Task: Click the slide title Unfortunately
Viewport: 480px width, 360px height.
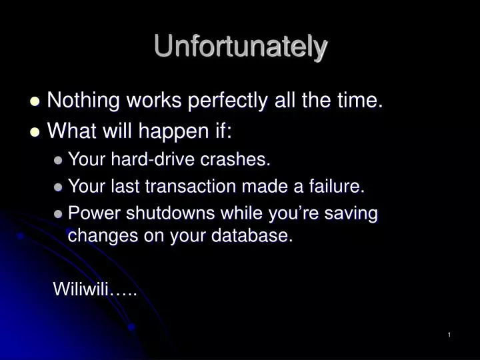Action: (x=241, y=47)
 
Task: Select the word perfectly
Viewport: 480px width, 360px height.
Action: (x=227, y=101)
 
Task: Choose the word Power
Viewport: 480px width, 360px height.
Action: (x=91, y=214)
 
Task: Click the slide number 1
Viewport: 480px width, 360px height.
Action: (x=450, y=335)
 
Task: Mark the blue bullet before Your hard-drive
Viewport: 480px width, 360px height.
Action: (x=59, y=160)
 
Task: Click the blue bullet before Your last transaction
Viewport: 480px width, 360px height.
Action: (x=59, y=188)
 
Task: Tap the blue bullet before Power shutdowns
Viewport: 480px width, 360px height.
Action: (x=59, y=215)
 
